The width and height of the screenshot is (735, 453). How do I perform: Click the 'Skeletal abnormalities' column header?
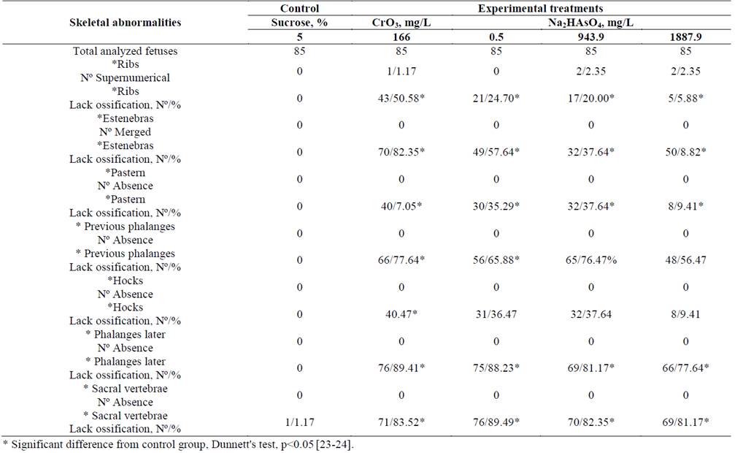[124, 23]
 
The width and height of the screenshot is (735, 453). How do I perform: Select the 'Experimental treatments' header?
[539, 9]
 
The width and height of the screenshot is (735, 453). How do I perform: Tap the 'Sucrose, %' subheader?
[299, 23]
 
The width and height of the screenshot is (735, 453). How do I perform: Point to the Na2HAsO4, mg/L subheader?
[590, 23]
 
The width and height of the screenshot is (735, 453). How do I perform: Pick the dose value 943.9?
[590, 37]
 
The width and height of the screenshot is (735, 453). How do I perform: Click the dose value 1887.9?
[685, 37]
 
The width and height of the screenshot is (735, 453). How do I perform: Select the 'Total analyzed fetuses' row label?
[124, 50]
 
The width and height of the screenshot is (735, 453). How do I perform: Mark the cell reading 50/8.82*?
[685, 152]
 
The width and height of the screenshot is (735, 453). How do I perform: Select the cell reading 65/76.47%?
[590, 260]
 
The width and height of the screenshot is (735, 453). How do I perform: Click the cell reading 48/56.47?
[685, 260]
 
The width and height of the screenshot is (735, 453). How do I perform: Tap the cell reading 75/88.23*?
[496, 368]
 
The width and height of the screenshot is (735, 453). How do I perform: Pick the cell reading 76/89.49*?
[496, 422]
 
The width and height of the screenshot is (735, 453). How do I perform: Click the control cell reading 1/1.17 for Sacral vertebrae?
[299, 422]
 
